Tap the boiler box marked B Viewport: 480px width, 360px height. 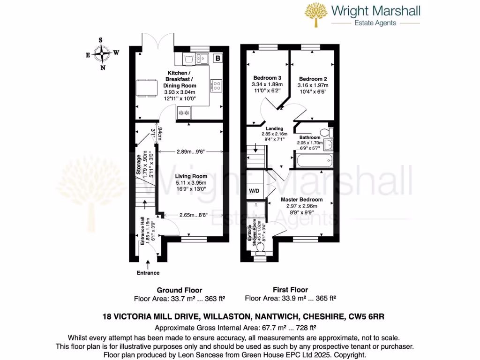217,59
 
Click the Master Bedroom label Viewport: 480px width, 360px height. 299,199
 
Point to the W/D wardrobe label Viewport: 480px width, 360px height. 254,191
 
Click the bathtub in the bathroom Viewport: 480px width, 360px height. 314,162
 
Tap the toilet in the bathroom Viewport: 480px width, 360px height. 324,131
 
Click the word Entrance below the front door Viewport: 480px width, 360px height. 148,273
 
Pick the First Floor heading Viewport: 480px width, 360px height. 290,290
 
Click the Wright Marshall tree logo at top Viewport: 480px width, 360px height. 316,15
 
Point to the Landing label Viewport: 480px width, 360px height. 274,128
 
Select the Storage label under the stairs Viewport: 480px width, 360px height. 139,165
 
